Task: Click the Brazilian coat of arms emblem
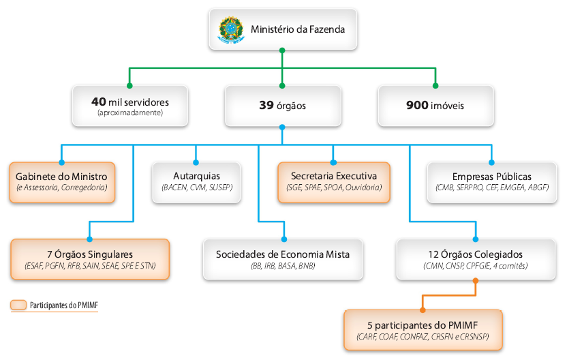[230, 30]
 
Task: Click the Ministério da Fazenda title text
[297, 30]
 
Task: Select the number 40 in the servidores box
[98, 102]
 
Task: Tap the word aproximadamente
[130, 112]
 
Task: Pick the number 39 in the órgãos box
[266, 106]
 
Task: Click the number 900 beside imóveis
[418, 106]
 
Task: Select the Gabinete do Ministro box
[62, 182]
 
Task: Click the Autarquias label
[196, 176]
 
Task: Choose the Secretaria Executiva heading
[333, 176]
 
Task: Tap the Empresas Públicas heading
[491, 176]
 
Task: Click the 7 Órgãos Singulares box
[89, 259]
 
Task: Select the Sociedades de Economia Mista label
[283, 254]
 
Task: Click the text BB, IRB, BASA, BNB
[283, 266]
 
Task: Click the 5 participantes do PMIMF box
[423, 330]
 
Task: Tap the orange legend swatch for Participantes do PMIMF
[19, 305]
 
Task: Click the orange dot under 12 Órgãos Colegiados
[475, 280]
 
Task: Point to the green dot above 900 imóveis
[435, 86]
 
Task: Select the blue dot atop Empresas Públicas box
[491, 162]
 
